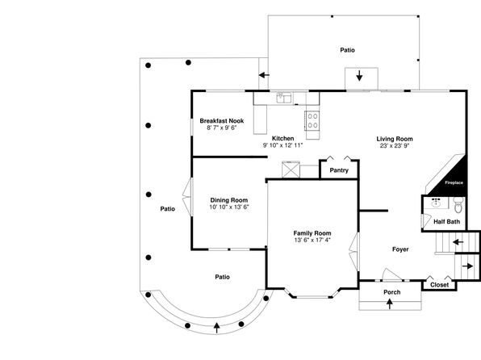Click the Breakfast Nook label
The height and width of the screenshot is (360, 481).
click(222, 120)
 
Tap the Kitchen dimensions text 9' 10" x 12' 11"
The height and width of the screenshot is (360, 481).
click(282, 145)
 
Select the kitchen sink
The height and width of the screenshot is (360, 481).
click(284, 98)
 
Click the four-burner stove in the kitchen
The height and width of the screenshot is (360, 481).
click(312, 120)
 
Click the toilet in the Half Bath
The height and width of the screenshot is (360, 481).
click(458, 205)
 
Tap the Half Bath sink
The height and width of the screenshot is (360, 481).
click(436, 203)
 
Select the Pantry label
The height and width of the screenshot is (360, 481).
click(339, 170)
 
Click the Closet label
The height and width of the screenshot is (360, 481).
click(439, 285)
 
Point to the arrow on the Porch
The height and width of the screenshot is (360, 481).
click(390, 303)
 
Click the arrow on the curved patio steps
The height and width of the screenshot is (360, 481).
click(217, 328)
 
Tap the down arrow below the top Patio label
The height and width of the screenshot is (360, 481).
click(359, 76)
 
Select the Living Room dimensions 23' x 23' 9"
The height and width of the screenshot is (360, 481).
click(395, 146)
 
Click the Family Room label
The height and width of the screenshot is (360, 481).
click(312, 233)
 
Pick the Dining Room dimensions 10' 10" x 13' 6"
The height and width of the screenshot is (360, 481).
click(229, 207)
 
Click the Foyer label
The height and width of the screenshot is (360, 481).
click(400, 249)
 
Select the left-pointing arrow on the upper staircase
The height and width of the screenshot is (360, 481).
click(458, 242)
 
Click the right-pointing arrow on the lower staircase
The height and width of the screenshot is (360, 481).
click(467, 266)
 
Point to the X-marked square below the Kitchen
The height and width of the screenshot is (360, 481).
click(291, 170)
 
